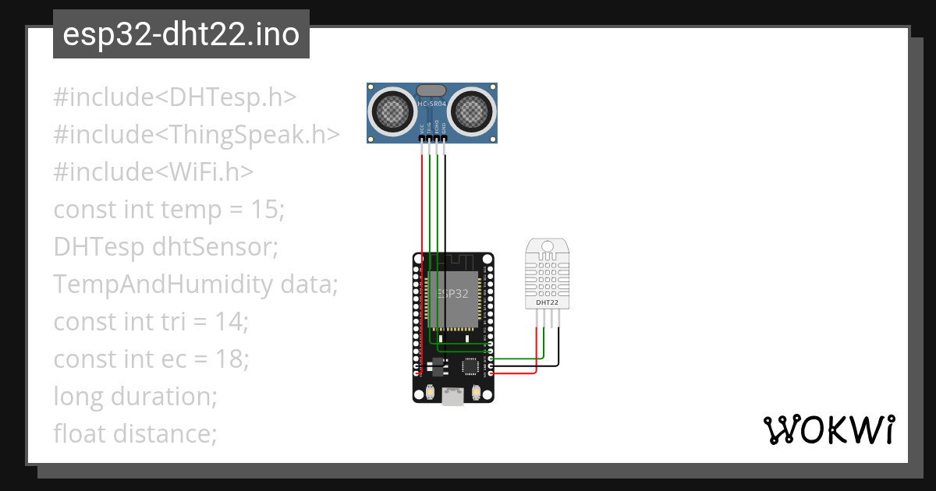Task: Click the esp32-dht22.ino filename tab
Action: [x=181, y=34]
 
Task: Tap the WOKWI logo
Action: [x=828, y=430]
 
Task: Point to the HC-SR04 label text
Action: [x=433, y=104]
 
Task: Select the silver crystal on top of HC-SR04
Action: [x=432, y=90]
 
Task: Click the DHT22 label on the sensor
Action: [x=547, y=302]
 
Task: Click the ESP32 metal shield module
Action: [x=452, y=300]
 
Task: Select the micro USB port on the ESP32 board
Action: [x=452, y=397]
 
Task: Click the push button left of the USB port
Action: [x=429, y=394]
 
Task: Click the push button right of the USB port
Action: [x=477, y=394]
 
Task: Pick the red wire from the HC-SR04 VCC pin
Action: [x=422, y=203]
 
